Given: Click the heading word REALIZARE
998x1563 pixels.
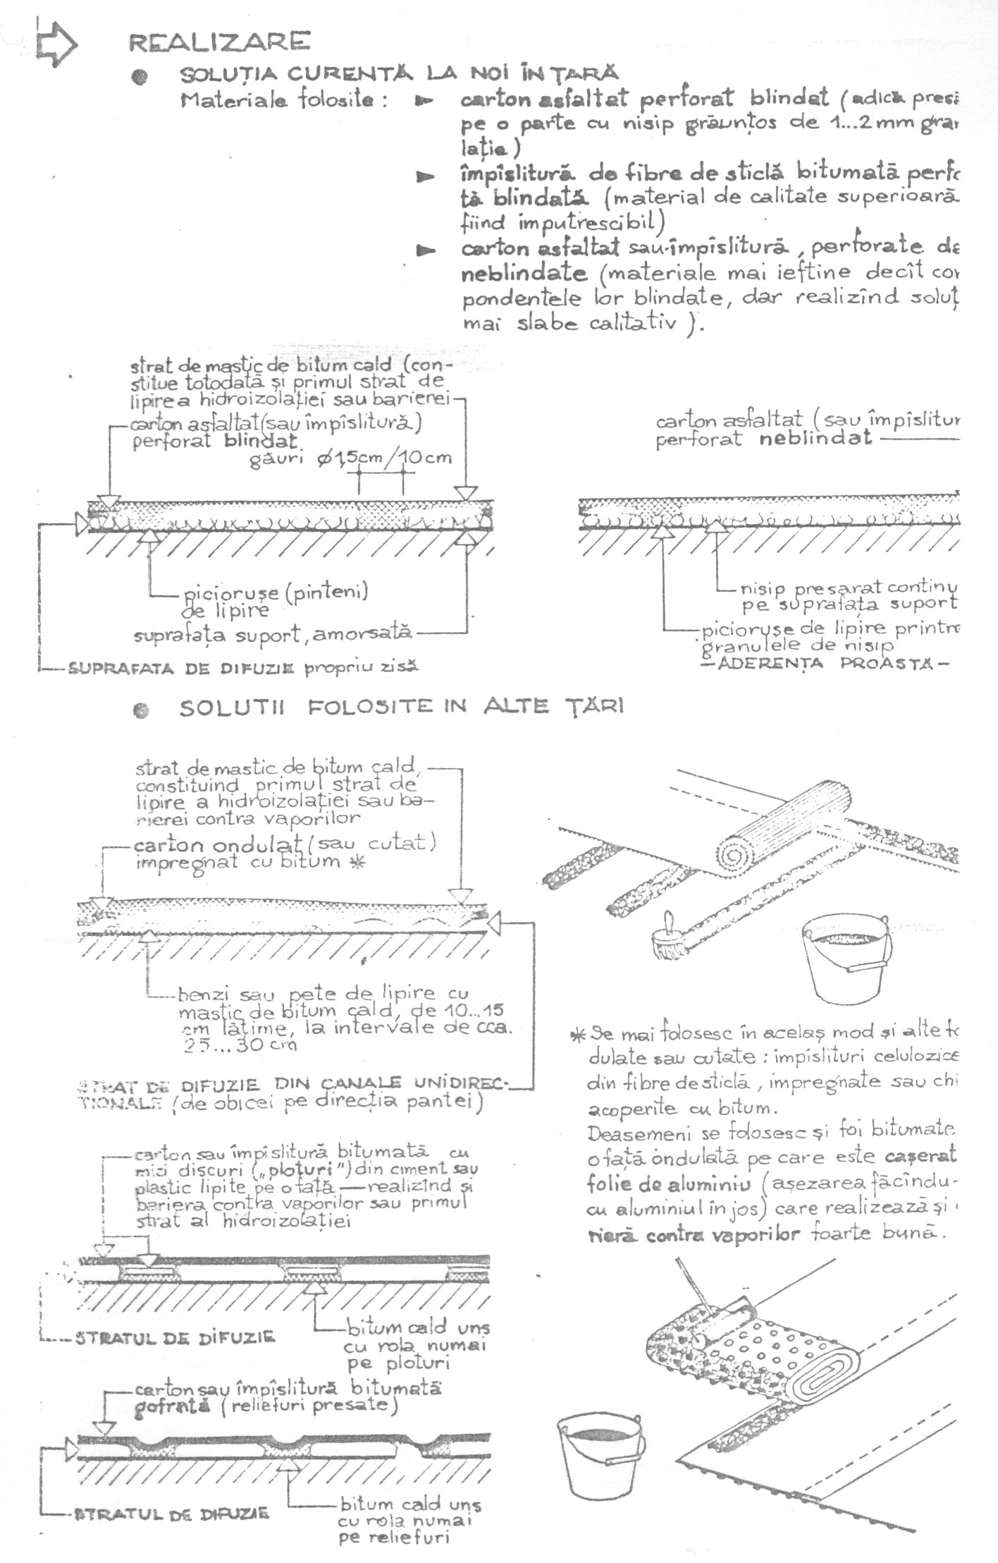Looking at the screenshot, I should [218, 42].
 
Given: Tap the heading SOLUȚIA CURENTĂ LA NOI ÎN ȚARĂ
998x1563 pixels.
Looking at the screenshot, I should [399, 73].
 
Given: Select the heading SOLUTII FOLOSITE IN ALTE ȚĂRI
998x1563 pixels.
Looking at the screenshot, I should [401, 707].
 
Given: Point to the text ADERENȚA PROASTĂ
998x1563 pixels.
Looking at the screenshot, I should [828, 664].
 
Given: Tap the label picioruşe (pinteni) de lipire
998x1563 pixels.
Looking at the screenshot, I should [275, 600].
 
